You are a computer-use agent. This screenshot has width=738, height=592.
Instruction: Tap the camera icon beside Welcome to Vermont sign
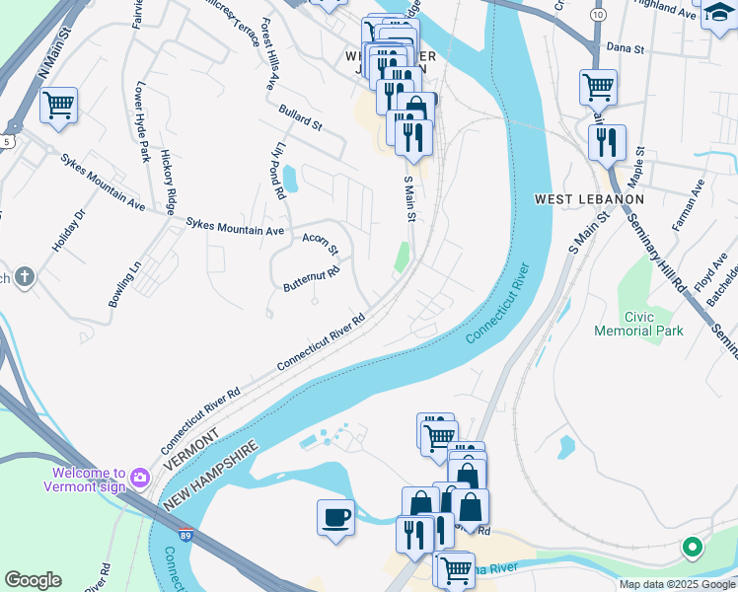tap(139, 479)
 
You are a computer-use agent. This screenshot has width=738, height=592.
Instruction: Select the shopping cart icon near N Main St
tap(58, 105)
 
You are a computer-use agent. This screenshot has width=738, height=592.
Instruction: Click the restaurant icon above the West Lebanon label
tap(607, 142)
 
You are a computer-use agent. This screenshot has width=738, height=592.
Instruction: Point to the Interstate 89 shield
tap(186, 536)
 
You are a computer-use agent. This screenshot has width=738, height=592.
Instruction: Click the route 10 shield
tap(599, 15)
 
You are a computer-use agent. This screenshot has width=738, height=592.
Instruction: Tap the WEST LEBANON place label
tap(588, 199)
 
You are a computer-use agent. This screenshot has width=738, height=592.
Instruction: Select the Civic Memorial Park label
tap(638, 325)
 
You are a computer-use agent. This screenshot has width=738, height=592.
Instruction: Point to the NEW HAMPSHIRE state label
tap(211, 476)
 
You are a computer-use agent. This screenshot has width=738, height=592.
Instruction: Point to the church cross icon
tap(24, 278)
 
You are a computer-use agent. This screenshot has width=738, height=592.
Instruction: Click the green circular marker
tap(693, 546)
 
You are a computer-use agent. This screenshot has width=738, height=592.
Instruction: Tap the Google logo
tap(33, 580)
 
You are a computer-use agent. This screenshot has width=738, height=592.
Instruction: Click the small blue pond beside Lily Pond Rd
tap(290, 179)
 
